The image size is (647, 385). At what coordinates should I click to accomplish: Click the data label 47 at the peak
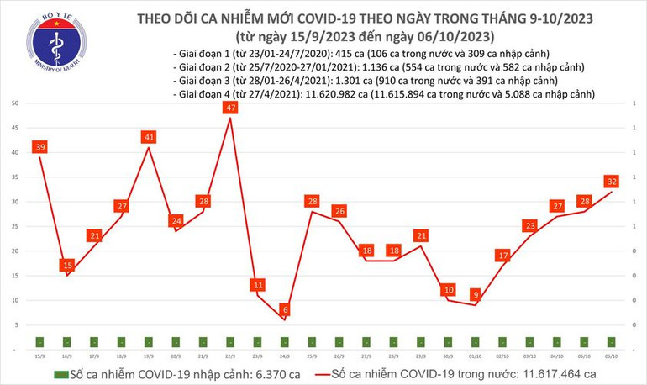pos(230,108)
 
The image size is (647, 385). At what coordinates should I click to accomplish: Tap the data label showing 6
pos(285,310)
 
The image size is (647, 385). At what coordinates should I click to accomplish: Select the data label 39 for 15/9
pos(39,147)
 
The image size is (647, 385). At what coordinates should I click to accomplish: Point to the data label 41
pos(149,137)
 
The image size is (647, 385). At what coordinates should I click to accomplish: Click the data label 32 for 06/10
pos(612,181)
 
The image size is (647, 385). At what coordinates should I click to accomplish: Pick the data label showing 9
pos(476,295)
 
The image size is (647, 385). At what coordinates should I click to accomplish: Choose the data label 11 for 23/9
pos(257,285)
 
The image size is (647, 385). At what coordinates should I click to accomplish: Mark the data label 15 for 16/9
pos(66,266)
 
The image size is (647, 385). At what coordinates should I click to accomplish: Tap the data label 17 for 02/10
pos(502,256)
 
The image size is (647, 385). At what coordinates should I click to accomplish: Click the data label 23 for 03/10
pos(530,225)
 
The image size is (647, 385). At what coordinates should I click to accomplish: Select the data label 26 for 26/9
pos(339,211)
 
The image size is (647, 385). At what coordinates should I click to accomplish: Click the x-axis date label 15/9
pos(39,356)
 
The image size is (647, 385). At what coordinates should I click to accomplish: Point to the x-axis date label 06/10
pos(612,356)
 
